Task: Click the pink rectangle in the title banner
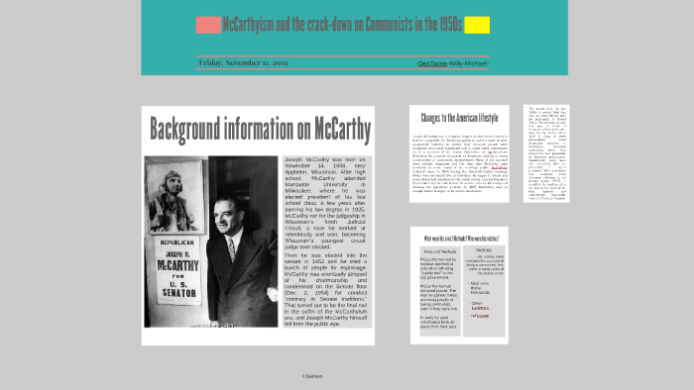pos(208,25)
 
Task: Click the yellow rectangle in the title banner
pos(477,25)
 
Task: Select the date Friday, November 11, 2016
pos(243,62)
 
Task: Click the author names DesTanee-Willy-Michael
pos(453,63)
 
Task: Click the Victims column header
pos(484,249)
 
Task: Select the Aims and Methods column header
pos(437,250)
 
